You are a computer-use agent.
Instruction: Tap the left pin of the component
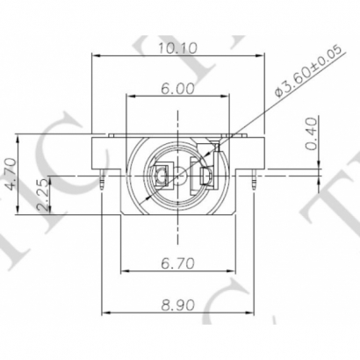pyautogui.click(x=104, y=179)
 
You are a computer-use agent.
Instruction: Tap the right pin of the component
pyautogui.click(x=254, y=179)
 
